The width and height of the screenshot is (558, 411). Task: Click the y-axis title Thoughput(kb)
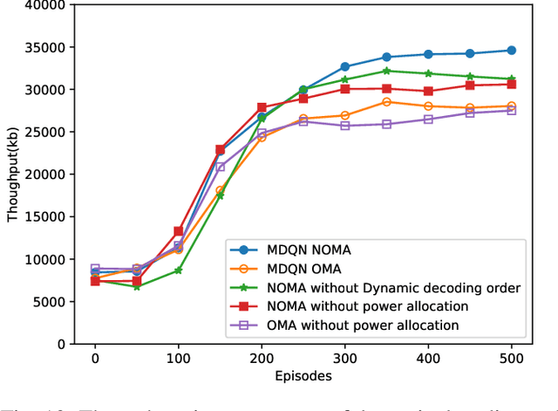point(12,175)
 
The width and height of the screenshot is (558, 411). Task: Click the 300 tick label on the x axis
point(344,360)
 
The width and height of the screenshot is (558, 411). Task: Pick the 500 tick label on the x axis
point(511,360)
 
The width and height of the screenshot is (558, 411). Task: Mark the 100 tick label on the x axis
point(178,360)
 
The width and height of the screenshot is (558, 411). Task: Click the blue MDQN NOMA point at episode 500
point(511,51)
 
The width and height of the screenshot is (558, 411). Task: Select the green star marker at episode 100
point(178,271)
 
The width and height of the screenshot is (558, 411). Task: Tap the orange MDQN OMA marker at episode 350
point(386,102)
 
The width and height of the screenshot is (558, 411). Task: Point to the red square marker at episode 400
point(428,91)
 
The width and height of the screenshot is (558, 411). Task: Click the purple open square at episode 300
point(344,126)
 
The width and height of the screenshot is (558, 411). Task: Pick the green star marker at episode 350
point(386,71)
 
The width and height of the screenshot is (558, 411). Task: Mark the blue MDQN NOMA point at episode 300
point(344,66)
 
